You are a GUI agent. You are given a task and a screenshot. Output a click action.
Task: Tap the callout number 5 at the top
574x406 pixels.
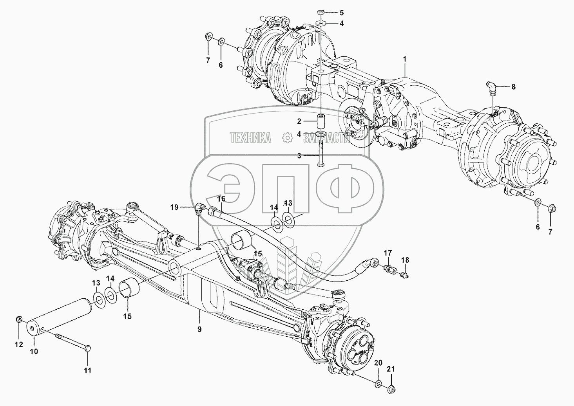click(x=342, y=12)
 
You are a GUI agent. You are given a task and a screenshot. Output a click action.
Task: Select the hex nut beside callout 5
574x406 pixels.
click(x=321, y=12)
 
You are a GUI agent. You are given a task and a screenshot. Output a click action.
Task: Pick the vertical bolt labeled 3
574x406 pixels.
click(x=321, y=153)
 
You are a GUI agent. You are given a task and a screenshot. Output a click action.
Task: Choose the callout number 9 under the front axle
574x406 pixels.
click(x=199, y=329)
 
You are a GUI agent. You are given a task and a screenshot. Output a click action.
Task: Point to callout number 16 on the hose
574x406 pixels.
click(x=221, y=198)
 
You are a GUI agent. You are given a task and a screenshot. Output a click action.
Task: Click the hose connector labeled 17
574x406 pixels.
click(x=390, y=269)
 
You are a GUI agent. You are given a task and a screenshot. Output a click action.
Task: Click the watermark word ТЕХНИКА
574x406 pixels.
click(x=250, y=138)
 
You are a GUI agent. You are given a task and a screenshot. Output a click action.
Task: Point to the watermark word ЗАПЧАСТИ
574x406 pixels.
click(x=327, y=138)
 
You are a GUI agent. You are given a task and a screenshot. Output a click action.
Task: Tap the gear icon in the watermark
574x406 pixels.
click(x=287, y=138)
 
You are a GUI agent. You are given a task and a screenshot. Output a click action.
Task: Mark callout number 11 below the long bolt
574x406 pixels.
click(x=88, y=370)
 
